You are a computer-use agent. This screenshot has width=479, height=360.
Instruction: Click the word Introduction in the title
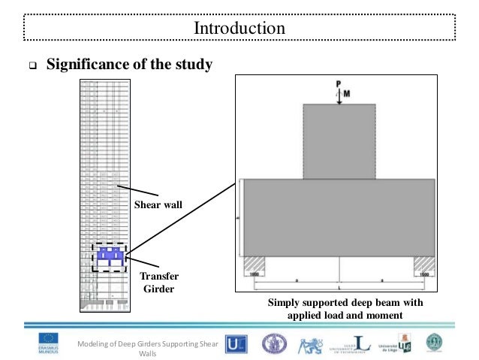pos(239,29)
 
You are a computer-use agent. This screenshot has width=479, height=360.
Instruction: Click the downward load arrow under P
pos(340,97)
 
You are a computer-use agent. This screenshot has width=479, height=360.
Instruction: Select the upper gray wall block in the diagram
pos(339,141)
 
